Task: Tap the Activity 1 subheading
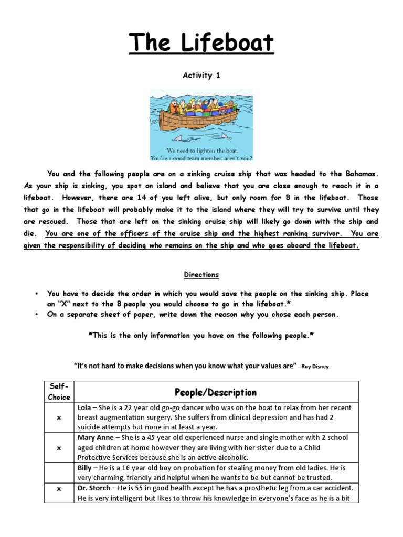pos(201,76)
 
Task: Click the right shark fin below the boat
pos(225,136)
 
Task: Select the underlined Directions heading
pos(201,275)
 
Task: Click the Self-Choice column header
pos(59,392)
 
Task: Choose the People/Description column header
pos(216,392)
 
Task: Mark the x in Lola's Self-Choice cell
pos(59,417)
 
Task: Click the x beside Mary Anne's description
pos(59,448)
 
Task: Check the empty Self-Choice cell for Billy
pos(59,472)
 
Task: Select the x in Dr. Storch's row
pos(59,488)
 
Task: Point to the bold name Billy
pos(86,468)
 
